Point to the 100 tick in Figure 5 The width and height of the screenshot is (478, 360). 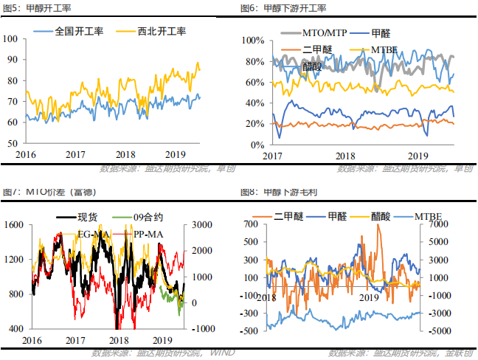[13, 38]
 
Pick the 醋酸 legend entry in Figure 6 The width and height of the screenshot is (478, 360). [312, 66]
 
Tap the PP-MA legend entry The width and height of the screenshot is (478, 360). [148, 234]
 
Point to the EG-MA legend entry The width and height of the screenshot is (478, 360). [96, 234]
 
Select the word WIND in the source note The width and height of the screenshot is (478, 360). [223, 353]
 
